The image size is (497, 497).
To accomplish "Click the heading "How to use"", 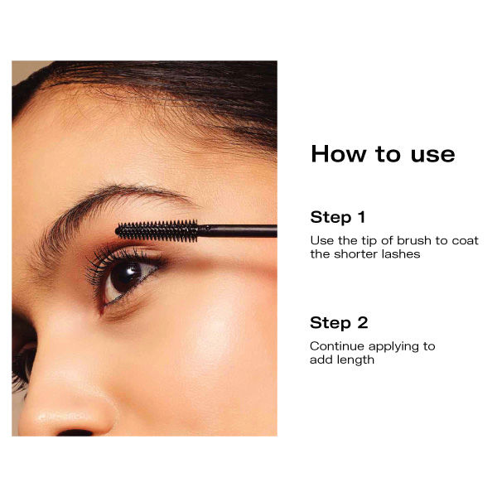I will (x=383, y=154).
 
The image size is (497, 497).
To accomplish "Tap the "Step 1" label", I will (x=338, y=218).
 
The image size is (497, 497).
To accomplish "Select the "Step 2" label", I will (x=339, y=323).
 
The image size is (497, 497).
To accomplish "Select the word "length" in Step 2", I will (x=355, y=360).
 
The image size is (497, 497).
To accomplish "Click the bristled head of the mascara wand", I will (x=157, y=229).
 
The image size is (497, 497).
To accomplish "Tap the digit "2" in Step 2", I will (x=362, y=323).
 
